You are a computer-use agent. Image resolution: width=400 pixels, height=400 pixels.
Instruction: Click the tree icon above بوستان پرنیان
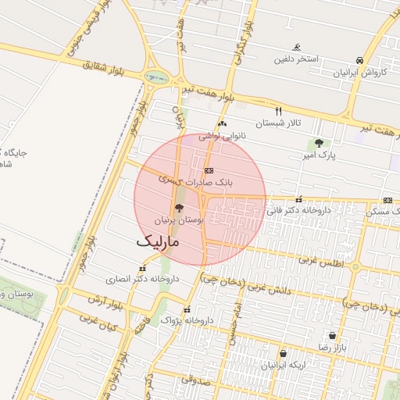coord(180,209)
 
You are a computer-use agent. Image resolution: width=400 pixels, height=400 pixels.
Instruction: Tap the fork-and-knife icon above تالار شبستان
coord(278,111)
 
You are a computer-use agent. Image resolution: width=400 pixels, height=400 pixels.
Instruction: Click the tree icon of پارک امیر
coord(318,143)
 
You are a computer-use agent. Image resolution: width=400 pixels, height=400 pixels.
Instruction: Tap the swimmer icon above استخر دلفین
coord(296,47)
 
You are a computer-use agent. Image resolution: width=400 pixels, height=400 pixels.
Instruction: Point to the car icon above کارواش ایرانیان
coord(359,60)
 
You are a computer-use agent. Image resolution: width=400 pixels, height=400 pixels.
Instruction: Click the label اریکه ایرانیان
coord(280,365)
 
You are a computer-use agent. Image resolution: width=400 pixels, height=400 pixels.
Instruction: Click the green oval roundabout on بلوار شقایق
coord(156,77)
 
